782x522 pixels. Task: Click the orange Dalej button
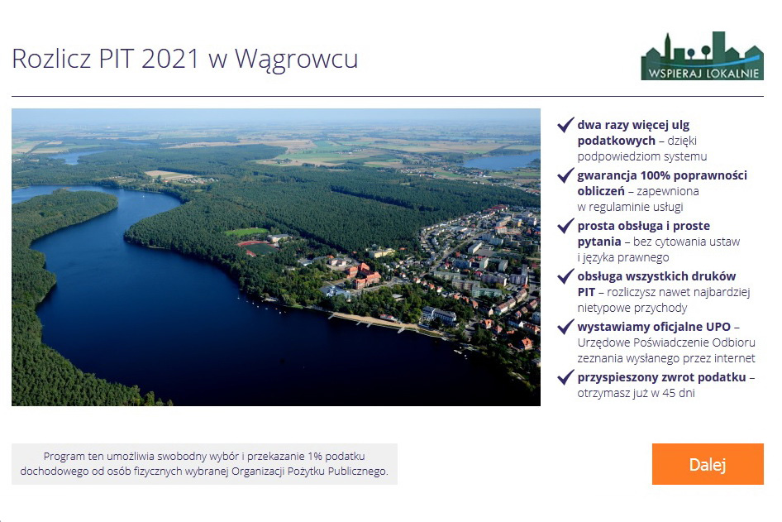point(708,464)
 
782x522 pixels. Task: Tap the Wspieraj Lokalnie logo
point(702,56)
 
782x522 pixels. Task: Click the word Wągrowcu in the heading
point(296,59)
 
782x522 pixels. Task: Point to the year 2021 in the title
point(170,58)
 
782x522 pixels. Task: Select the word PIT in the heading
point(117,58)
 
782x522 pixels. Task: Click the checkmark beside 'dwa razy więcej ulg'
point(565,125)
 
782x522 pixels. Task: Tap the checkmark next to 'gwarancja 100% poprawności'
point(565,175)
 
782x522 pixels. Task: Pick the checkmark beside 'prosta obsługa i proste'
point(565,226)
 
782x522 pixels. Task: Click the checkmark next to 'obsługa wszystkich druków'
point(565,276)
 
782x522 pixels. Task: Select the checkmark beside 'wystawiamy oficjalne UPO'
point(565,327)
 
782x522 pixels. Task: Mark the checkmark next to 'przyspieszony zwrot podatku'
point(565,376)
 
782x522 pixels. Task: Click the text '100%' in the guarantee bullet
point(656,175)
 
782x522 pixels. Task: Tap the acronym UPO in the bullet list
point(718,327)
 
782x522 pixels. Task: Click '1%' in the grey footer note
point(315,456)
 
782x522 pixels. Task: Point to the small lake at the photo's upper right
point(501,161)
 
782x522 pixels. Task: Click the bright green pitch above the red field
point(246,232)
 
